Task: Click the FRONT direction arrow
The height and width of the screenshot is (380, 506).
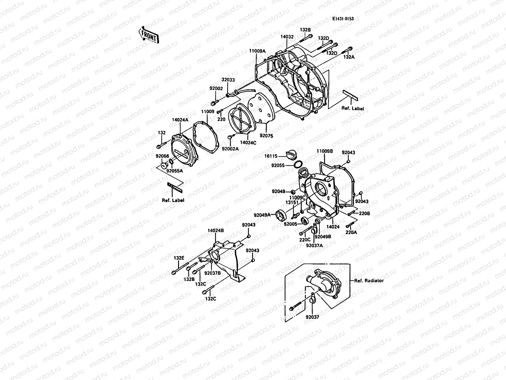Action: click(149, 35)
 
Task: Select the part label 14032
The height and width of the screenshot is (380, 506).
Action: click(287, 37)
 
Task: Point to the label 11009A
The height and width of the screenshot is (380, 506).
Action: click(257, 51)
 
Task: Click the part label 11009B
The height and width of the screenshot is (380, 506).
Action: click(324, 151)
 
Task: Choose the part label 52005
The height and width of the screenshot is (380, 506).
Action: click(290, 224)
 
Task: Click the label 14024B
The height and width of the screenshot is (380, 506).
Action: click(216, 231)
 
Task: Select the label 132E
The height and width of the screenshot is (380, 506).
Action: click(179, 258)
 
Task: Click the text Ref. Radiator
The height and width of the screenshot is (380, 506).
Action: click(369, 281)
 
